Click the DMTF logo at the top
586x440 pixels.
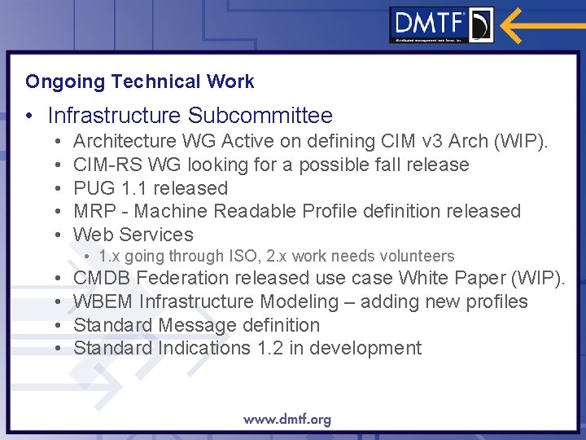441,24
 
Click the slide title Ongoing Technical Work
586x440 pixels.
139,81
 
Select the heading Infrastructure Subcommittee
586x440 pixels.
190,116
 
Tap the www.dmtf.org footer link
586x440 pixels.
286,420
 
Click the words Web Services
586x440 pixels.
133,235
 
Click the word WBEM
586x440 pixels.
103,301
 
